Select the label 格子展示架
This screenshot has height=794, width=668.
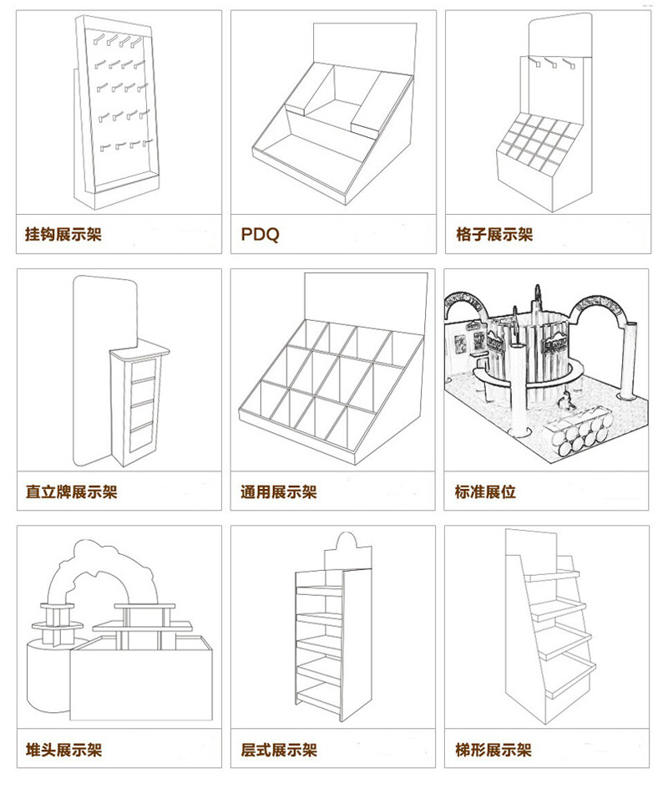click(x=494, y=235)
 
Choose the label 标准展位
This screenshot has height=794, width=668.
click(x=485, y=491)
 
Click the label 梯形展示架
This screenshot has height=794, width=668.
click(x=494, y=750)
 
